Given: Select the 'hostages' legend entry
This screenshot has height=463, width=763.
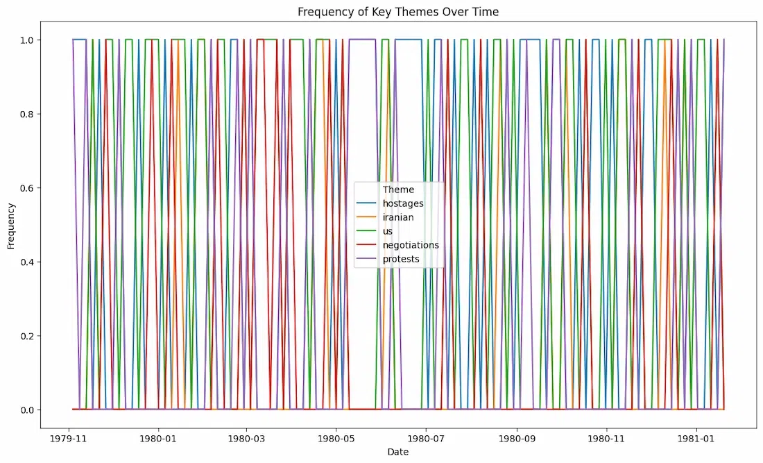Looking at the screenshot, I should click(402, 203).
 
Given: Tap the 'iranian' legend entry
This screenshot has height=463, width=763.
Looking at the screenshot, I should click(398, 217).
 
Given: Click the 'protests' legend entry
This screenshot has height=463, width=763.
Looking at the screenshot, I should click(402, 259).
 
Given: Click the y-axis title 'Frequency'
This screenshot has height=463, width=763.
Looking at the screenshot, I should click(11, 226).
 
